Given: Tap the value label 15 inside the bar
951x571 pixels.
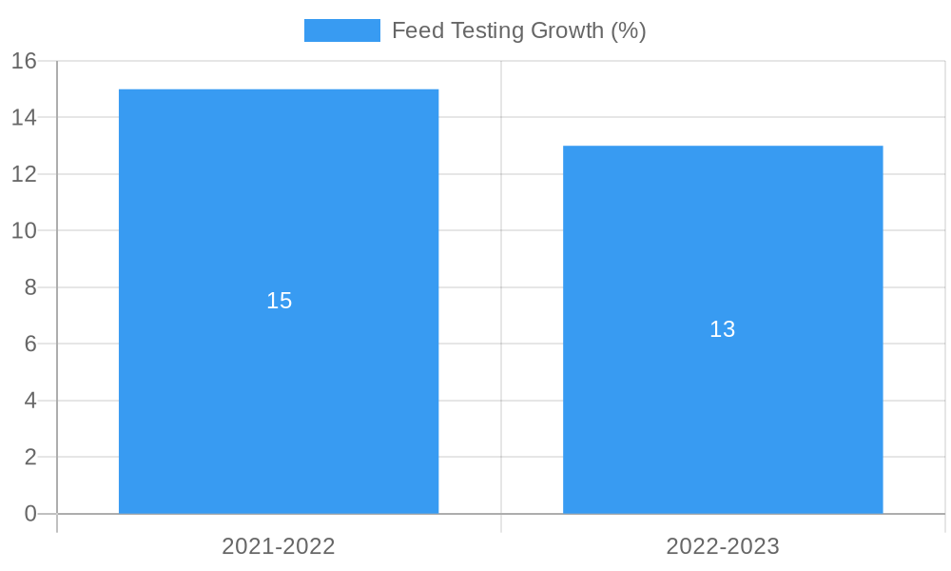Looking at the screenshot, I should point(279,301).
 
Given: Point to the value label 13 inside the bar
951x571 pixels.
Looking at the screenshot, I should point(723,329).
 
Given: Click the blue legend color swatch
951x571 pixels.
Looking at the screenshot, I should point(341,30).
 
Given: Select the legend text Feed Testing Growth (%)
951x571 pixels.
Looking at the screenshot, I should point(518,30).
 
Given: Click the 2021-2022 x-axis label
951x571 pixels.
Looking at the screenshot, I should point(279,546).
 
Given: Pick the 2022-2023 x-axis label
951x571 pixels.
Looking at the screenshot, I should point(723,546).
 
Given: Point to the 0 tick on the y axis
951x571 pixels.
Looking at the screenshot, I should point(30,514).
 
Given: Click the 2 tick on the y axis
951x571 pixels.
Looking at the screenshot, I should point(30,457).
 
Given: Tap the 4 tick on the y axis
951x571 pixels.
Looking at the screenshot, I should point(30,401).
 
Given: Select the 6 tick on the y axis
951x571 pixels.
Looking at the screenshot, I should point(30,344).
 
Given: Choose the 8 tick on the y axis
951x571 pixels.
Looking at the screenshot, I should point(30,287).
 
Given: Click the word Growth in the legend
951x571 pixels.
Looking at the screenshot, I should point(567,30).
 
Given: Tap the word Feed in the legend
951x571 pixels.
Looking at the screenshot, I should point(417,30).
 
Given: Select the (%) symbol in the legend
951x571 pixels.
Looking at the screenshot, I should point(629,30).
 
